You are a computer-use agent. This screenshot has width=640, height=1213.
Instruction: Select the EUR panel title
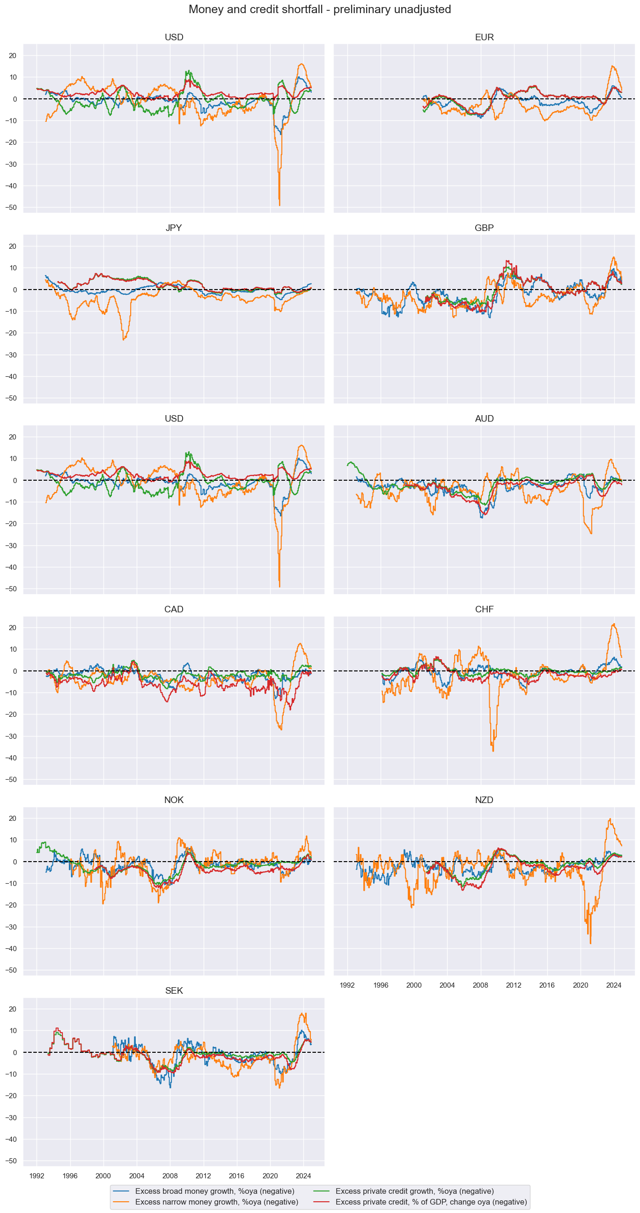484,37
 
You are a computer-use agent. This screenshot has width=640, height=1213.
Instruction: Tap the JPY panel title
174,228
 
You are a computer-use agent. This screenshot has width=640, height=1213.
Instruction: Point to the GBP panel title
484,228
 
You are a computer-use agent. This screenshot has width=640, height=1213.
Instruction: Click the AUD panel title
484,418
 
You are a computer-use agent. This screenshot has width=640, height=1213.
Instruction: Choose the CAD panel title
174,610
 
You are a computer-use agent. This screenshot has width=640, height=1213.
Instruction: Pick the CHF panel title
484,610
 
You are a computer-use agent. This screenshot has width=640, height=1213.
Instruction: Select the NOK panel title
174,800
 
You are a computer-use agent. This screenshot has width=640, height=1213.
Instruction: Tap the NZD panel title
484,800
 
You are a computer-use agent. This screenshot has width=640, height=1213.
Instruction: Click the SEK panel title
174,991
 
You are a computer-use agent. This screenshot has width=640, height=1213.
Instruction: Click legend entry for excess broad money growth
214,1191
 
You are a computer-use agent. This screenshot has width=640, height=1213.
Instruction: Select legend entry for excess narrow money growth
216,1202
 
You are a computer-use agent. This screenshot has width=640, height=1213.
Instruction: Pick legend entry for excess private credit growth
414,1191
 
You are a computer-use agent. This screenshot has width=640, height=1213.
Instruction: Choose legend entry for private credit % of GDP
431,1202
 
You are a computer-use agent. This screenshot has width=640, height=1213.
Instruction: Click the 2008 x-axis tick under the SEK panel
170,1176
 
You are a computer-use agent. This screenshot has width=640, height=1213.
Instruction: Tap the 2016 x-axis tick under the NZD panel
547,985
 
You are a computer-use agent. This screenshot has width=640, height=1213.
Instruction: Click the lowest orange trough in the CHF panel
493,751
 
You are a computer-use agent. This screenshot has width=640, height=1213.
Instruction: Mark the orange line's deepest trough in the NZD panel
590,943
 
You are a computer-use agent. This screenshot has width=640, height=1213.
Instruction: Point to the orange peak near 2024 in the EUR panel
612,66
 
